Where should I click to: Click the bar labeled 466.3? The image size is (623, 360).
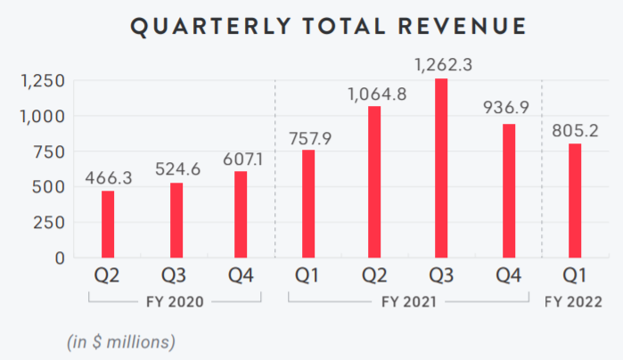coord(108,224)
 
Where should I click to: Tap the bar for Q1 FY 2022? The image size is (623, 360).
coord(575,200)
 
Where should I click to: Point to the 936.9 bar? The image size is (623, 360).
coord(508,191)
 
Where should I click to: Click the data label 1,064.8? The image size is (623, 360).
coord(374,94)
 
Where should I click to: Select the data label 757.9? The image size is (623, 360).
coord(307,137)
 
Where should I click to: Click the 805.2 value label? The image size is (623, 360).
coord(575,130)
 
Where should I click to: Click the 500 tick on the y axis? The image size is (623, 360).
coord(48,187)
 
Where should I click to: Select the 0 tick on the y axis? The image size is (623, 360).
coord(59,258)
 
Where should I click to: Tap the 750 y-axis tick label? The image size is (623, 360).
coord(48,151)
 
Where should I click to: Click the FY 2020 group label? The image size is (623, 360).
coord(174,302)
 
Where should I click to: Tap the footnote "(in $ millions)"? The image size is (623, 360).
coord(120,341)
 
